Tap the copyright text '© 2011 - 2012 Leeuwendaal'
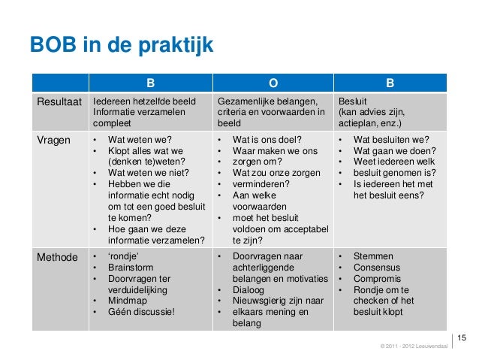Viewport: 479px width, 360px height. coord(414,346)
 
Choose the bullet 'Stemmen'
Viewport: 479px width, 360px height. coord(373,257)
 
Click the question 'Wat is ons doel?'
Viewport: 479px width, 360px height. coord(267,140)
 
